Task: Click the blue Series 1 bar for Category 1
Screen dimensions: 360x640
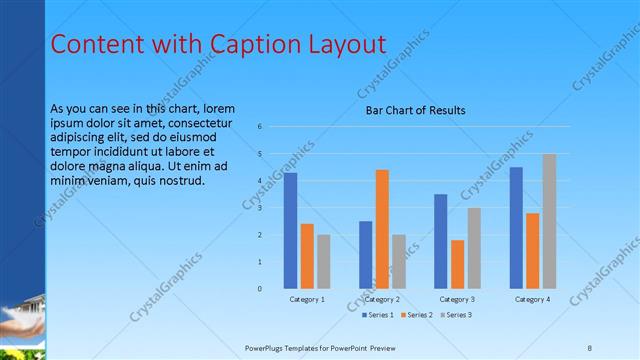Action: coord(290,231)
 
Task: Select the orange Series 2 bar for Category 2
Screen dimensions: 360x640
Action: coord(382,229)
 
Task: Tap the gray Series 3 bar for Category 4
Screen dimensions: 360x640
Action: coord(549,221)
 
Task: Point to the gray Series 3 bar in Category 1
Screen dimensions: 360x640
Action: coord(324,262)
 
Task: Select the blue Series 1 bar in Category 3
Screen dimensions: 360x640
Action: coord(441,241)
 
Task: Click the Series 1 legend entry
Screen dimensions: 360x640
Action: coord(379,315)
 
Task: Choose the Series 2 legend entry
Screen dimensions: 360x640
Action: coord(416,315)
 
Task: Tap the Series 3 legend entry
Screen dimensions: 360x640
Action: coord(454,315)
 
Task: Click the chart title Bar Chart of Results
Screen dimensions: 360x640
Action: coord(415,110)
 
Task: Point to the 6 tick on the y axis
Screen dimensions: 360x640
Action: coord(259,127)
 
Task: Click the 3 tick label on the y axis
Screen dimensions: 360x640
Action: coord(259,208)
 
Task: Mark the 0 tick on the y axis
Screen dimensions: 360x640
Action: coord(259,289)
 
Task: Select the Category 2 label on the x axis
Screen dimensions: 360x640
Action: coord(382,299)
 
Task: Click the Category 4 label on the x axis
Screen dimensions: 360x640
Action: coord(533,299)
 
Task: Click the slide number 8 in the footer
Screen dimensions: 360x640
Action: coord(590,346)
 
